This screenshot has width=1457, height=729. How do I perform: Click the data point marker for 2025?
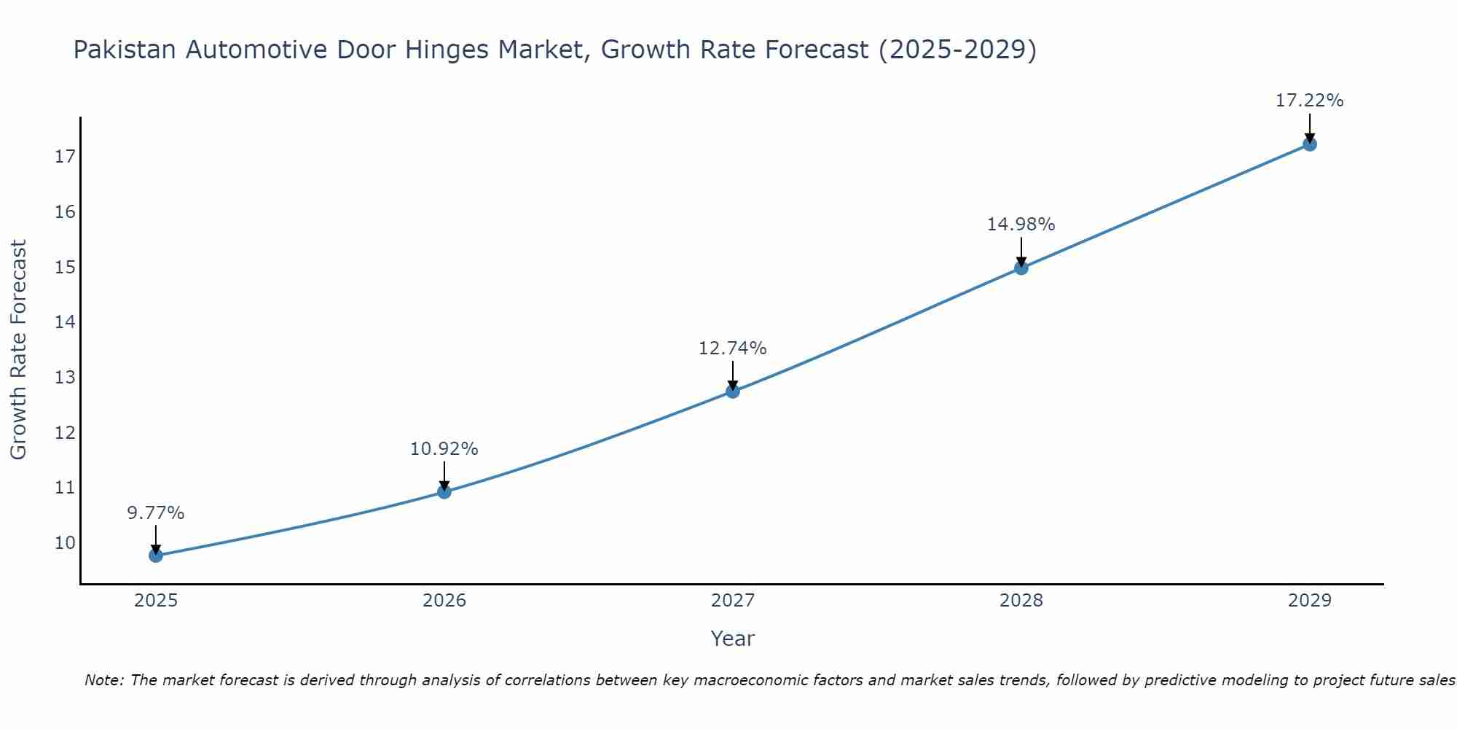pyautogui.click(x=156, y=555)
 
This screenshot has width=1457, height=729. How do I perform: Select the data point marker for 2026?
pyautogui.click(x=444, y=491)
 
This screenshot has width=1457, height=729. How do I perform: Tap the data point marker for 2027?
pyautogui.click(x=733, y=391)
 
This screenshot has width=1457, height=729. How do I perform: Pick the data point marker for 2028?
pyautogui.click(x=1021, y=268)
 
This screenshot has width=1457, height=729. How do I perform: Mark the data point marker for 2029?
pyautogui.click(x=1310, y=144)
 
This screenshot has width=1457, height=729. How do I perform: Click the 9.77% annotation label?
pyautogui.click(x=156, y=513)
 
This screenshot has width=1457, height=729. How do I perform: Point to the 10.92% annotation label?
pyautogui.click(x=444, y=449)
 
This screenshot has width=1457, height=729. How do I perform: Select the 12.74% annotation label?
pyautogui.click(x=733, y=348)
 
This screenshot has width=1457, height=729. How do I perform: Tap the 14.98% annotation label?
pyautogui.click(x=1021, y=225)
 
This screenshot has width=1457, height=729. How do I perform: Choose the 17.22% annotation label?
pyautogui.click(x=1310, y=101)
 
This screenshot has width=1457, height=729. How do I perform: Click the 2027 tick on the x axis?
pyautogui.click(x=733, y=601)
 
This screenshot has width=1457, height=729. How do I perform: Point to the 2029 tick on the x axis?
pyautogui.click(x=1310, y=601)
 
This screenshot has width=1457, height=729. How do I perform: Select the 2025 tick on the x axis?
pyautogui.click(x=156, y=601)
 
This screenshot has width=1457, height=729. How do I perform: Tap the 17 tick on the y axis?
pyautogui.click(x=65, y=157)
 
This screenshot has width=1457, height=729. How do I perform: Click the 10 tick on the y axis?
pyautogui.click(x=65, y=542)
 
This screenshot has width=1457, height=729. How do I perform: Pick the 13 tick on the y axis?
pyautogui.click(x=65, y=378)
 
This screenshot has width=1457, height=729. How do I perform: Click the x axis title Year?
pyautogui.click(x=733, y=639)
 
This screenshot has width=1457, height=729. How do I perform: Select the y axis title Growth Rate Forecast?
pyautogui.click(x=19, y=350)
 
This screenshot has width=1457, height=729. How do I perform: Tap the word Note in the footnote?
pyautogui.click(x=103, y=680)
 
